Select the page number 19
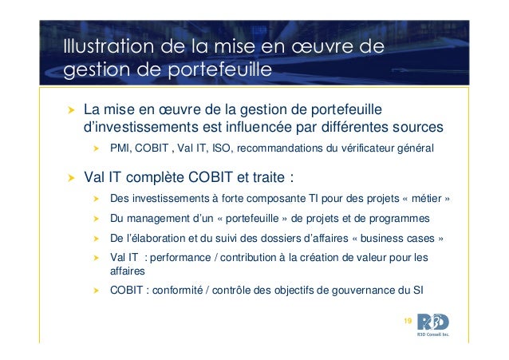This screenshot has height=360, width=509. (408, 320)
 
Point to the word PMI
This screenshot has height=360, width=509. (120, 148)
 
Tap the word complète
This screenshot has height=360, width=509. (165, 175)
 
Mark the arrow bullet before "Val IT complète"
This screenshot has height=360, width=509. (69, 176)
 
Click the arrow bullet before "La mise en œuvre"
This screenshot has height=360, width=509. (69, 109)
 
